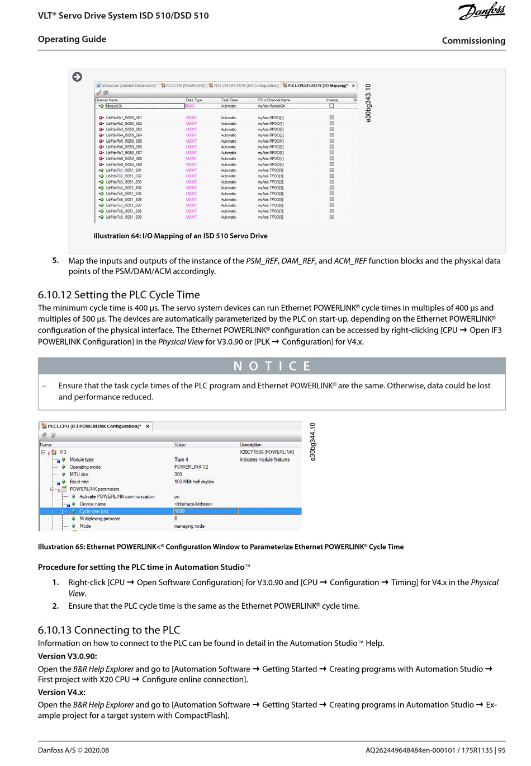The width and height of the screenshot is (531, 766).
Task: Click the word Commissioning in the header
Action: (473, 41)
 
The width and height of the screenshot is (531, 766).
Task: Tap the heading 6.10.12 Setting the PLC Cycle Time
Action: (118, 295)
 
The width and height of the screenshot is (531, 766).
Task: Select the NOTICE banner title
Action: (272, 366)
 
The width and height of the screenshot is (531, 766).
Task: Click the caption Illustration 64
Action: (181, 236)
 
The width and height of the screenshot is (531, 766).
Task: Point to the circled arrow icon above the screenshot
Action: (77, 77)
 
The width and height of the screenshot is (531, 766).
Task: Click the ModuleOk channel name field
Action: (144, 106)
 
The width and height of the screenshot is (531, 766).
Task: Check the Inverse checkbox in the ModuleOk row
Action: (331, 106)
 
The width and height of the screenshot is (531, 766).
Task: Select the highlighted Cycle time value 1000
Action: (206, 511)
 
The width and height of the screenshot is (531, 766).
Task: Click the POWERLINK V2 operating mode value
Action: (191, 467)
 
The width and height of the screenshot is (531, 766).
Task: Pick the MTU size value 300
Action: (178, 474)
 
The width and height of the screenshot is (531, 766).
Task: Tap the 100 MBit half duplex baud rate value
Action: (194, 482)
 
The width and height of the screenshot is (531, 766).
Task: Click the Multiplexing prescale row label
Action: (99, 519)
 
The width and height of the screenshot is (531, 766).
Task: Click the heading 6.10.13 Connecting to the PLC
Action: (109, 630)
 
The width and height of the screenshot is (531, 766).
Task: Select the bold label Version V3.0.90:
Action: (68, 656)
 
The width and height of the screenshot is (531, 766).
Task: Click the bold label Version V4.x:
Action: (61, 692)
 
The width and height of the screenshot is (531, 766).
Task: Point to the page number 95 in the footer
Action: (501, 750)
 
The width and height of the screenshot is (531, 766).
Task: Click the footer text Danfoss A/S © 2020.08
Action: (73, 750)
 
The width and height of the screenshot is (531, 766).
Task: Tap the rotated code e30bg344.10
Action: (313, 442)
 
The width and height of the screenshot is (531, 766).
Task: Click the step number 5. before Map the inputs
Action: (55, 260)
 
